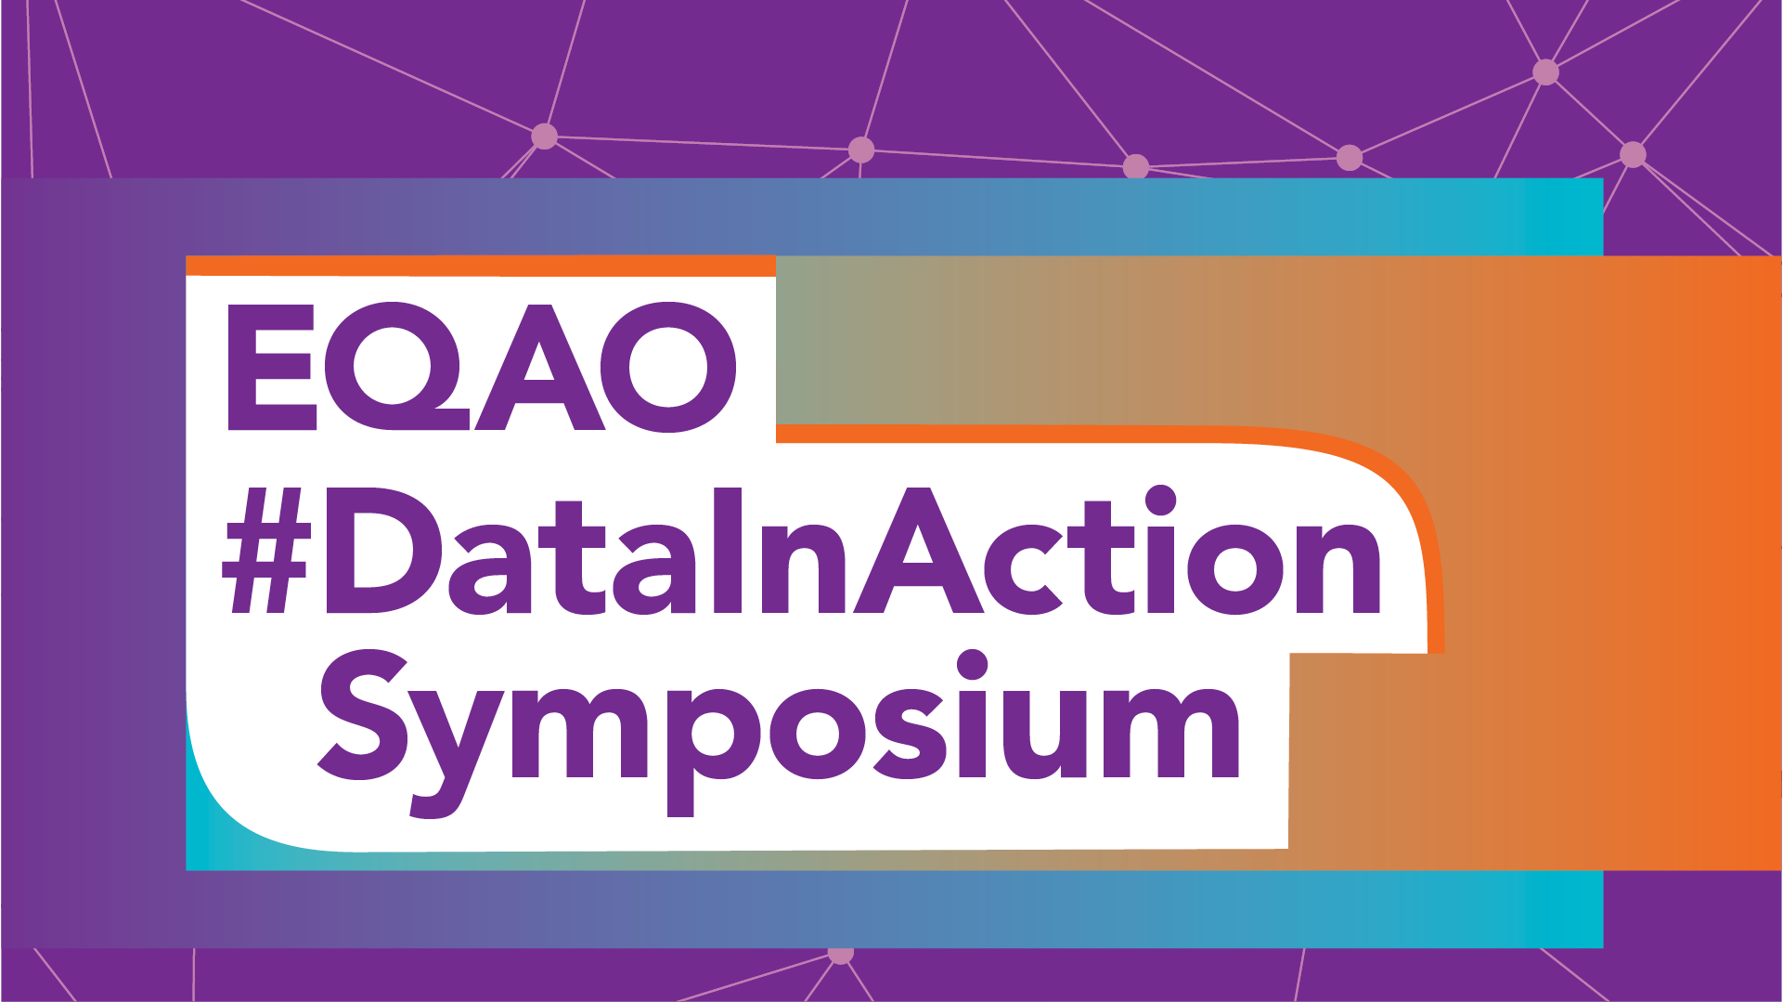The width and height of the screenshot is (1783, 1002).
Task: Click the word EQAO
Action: point(482,367)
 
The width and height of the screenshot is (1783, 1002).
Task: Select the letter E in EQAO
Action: point(272,367)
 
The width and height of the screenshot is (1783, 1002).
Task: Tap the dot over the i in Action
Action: point(1160,501)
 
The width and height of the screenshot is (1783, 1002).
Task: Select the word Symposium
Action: point(779,733)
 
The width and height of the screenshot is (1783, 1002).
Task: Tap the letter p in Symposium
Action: point(713,753)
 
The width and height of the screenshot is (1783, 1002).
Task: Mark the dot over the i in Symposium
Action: point(972,665)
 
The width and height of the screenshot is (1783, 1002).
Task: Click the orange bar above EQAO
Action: point(481,266)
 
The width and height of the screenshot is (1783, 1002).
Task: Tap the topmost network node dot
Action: point(1545,72)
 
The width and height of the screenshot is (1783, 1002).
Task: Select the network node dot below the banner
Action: point(840,954)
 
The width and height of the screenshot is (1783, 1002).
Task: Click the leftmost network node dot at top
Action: point(545,137)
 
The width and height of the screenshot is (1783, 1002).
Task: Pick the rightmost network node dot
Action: point(1633,154)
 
